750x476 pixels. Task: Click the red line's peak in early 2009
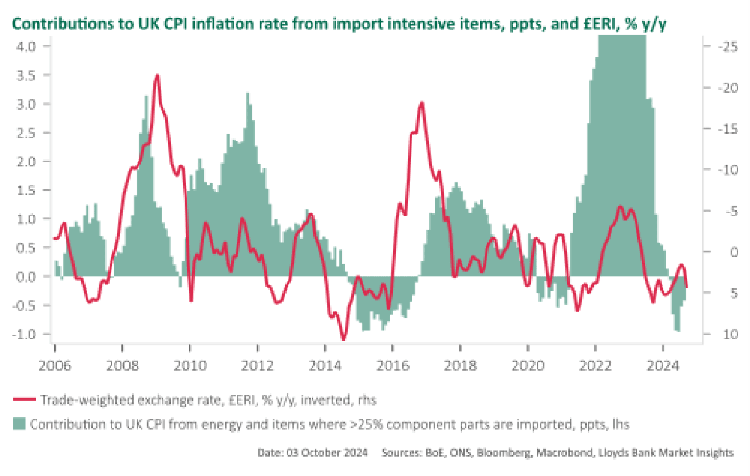(x=156, y=76)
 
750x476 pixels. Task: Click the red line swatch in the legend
(x=25, y=400)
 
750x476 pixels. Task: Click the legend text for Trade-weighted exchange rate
(x=208, y=400)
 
